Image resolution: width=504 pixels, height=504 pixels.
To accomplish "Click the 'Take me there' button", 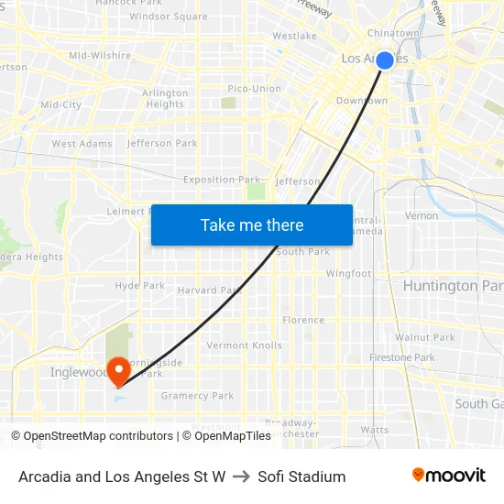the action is point(252,225).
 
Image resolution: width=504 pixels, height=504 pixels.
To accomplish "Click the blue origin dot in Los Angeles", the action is point(385,60).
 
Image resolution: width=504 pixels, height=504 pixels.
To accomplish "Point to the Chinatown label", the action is point(392,33).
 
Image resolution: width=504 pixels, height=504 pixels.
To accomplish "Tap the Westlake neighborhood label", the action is point(294,36).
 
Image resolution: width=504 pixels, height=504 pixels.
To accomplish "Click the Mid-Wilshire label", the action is point(100,55).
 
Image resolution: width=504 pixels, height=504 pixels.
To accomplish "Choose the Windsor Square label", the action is point(169,16).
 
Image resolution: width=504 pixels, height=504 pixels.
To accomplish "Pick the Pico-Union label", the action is point(254,88).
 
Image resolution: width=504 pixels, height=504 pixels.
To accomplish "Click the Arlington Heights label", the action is point(165,99).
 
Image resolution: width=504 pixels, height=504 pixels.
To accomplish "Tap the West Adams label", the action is point(82,144).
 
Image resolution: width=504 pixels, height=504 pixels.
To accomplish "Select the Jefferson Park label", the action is point(162,143).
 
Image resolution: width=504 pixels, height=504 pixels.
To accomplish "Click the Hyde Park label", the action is point(139,286).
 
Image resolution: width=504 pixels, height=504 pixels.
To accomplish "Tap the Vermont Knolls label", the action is point(244,345).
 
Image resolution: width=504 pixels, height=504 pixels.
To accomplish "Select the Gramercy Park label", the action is point(197,396).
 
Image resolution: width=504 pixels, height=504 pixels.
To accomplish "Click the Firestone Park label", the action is point(401,357).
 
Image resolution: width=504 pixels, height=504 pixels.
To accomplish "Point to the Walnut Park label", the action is point(425,337).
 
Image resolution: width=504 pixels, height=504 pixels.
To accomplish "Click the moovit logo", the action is point(448,476).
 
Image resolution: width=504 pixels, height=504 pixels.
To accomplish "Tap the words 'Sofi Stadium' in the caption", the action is point(301,477).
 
